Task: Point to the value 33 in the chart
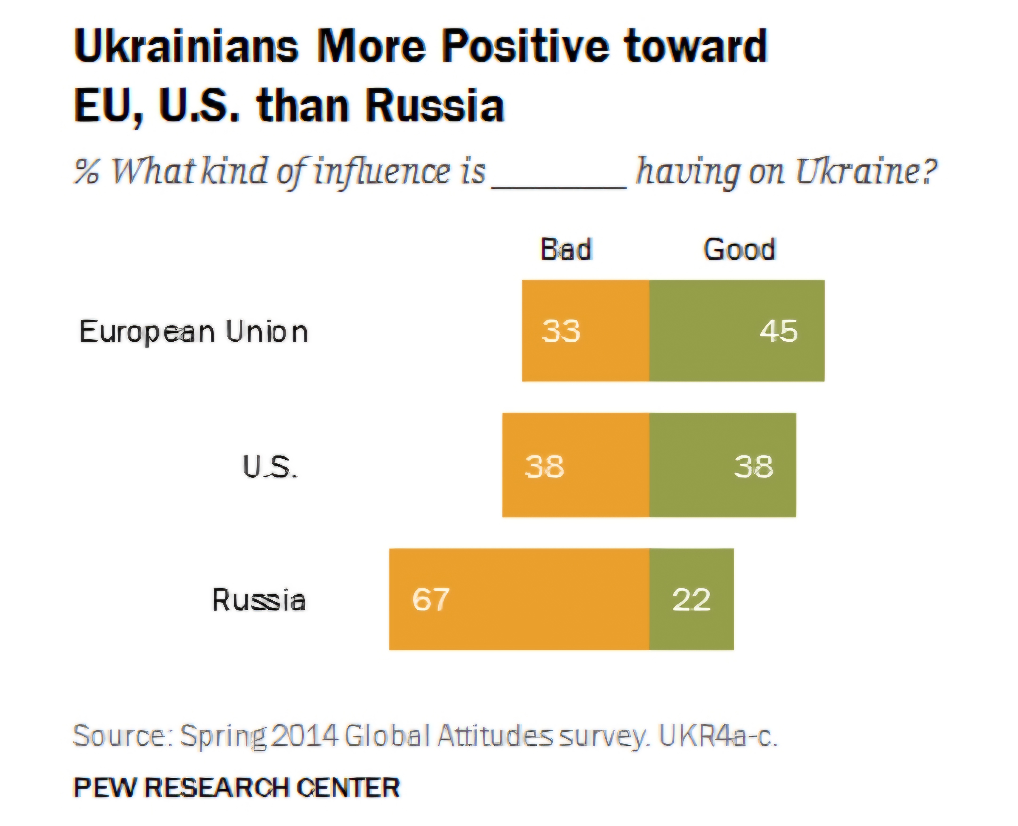pos(561,331)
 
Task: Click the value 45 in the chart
pos(778,331)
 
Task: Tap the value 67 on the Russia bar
pos(431,599)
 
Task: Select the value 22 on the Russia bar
pos(691,599)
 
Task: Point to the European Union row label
pos(194,332)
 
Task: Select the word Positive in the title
pos(525,46)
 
